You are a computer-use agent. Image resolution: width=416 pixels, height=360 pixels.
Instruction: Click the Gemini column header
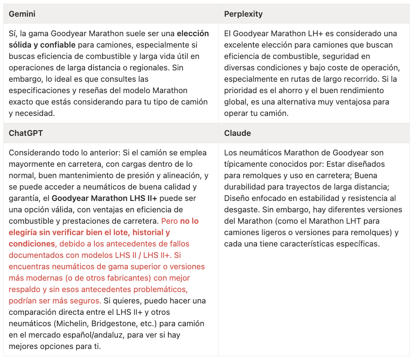pyautogui.click(x=22, y=14)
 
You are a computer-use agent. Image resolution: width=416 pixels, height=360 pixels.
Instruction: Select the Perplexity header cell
pyautogui.click(x=243, y=14)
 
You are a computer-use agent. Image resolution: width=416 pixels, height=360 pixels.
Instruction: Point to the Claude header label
pyautogui.click(x=237, y=133)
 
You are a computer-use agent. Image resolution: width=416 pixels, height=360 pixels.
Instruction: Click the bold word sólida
pyautogui.click(x=20, y=45)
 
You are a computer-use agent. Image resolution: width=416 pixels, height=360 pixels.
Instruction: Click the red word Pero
pyautogui.click(x=169, y=221)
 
